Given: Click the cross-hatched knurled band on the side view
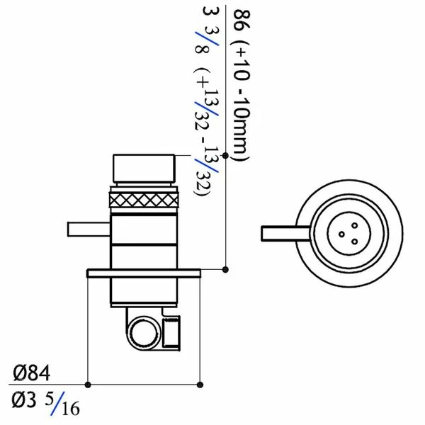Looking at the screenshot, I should (x=145, y=199).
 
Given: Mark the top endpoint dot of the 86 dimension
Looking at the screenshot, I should (x=225, y=155).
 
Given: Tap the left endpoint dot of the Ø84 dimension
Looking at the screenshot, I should (x=87, y=384).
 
